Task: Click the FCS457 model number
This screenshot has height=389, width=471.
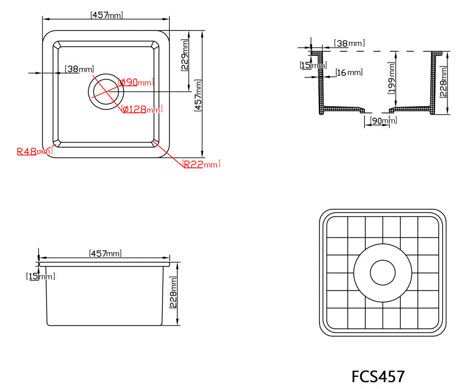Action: click(378, 376)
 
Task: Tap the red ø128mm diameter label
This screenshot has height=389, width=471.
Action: click(142, 109)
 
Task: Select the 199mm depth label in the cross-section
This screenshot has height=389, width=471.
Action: click(392, 77)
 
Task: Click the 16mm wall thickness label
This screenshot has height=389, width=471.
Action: click(349, 72)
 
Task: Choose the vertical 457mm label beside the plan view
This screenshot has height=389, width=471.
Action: click(198, 95)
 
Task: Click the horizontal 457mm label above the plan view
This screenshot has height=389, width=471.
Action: click(106, 15)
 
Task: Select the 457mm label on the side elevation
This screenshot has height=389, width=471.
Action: click(106, 253)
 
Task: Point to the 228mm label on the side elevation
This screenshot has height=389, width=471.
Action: click(173, 292)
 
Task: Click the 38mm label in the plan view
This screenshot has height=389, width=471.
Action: click(79, 69)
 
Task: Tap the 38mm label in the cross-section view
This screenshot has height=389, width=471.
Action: click(349, 43)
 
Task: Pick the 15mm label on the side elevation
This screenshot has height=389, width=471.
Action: click(40, 276)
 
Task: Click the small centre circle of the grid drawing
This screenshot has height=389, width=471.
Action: click(383, 273)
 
